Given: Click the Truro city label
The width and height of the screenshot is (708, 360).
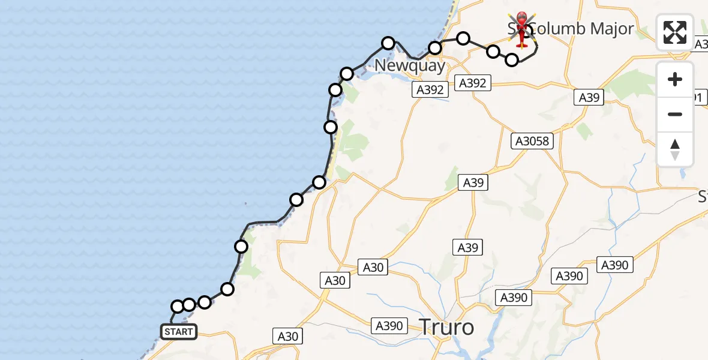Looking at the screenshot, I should tap(446, 328).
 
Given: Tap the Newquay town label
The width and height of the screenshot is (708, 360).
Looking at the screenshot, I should tap(410, 65).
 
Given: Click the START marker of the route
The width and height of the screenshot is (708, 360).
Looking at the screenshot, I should tap(179, 331).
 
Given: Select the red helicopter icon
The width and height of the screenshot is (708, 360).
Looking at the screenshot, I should tap(522, 29).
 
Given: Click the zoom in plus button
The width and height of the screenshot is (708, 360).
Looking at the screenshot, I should tap(675, 79).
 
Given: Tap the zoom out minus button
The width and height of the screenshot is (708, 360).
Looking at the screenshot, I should tap(675, 114).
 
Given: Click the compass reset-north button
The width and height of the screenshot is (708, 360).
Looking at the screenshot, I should tap(675, 149).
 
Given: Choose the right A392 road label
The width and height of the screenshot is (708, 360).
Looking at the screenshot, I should tap(472, 83).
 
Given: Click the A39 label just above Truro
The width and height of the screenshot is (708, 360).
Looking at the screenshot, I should tap(468, 247).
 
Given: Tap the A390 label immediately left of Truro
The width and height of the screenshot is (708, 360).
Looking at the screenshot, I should tap(388, 326).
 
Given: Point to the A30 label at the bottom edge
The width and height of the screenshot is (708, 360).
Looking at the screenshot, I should tap(287, 336).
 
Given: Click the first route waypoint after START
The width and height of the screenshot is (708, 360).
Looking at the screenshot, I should tap(178, 307).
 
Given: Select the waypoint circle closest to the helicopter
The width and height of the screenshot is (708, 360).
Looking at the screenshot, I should tap(512, 59).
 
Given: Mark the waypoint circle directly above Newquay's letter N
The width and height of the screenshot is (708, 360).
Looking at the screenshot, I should tap(388, 43).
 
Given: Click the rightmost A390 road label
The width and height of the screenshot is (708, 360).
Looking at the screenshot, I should tap(614, 265).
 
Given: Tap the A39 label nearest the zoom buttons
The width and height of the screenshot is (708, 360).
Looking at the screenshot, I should tap(589, 97).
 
